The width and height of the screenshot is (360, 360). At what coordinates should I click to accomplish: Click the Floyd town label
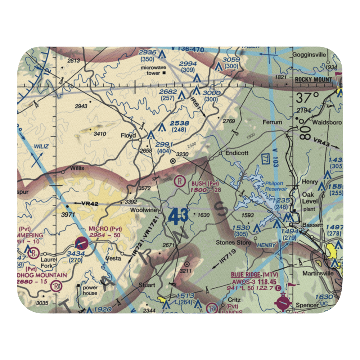(x=128, y=136)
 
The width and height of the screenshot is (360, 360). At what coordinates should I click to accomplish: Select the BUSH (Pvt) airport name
(x=205, y=183)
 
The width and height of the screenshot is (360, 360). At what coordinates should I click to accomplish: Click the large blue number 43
(x=178, y=217)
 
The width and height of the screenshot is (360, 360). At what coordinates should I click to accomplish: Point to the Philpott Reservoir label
(x=276, y=186)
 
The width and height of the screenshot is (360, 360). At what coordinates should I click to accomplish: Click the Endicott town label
(x=237, y=153)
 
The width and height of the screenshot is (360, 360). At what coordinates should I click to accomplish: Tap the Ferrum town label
(x=272, y=122)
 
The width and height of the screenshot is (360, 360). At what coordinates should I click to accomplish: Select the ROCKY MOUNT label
(x=313, y=80)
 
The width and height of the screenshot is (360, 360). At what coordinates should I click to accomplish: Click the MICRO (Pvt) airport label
(x=105, y=229)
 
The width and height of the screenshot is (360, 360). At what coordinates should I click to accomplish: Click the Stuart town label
(x=147, y=285)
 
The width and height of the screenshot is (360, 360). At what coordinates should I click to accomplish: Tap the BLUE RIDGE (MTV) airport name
(x=254, y=275)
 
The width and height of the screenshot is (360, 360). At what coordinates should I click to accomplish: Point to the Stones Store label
(x=233, y=243)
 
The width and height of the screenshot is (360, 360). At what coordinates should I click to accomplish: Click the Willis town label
(x=77, y=168)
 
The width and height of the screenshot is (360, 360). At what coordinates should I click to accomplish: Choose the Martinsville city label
(x=318, y=273)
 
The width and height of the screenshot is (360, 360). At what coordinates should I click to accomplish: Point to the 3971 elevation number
(x=68, y=215)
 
